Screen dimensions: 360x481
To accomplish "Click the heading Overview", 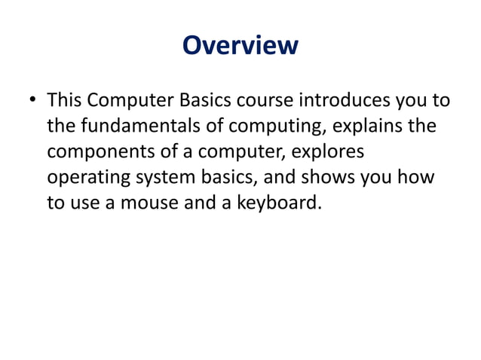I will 240,45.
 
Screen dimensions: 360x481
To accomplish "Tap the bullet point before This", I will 33,100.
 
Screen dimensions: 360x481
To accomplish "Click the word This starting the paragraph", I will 66,99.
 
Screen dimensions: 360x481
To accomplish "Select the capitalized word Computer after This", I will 127,99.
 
